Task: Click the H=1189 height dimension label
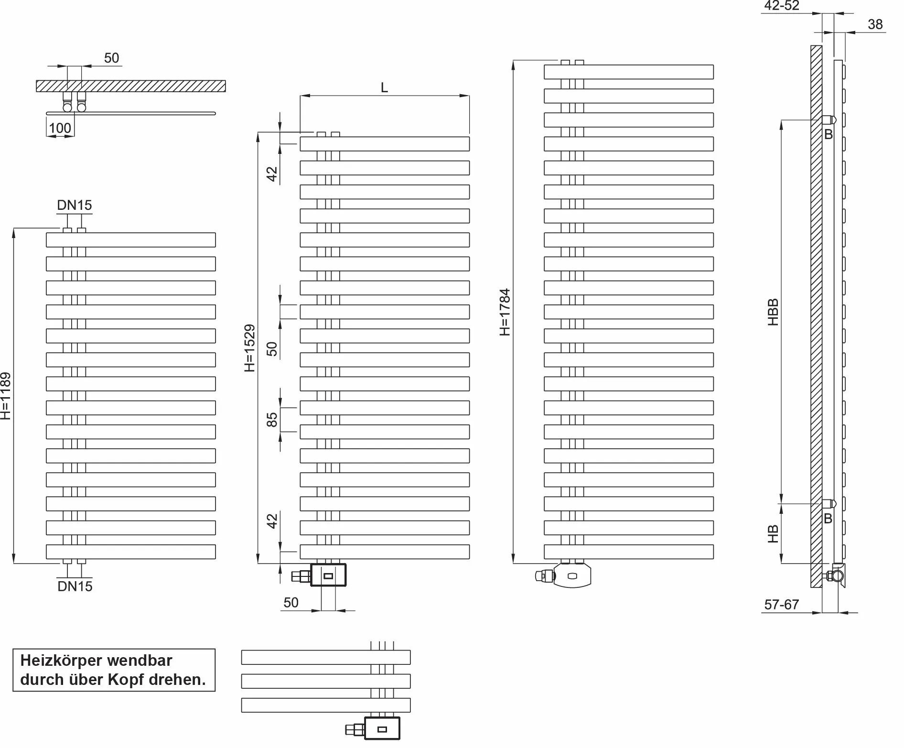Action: [x=6, y=396]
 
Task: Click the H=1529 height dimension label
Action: [x=249, y=348]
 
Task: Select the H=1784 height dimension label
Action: [x=505, y=312]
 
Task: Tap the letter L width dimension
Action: [x=384, y=87]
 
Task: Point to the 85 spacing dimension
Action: [x=271, y=420]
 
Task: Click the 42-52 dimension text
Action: [x=782, y=6]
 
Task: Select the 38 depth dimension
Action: [x=875, y=24]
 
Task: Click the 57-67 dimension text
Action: [x=782, y=605]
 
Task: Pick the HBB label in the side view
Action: [x=773, y=312]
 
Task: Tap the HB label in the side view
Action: [x=773, y=534]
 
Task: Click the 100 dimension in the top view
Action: [x=60, y=128]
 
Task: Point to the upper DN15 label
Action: [x=75, y=205]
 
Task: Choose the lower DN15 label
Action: [x=75, y=586]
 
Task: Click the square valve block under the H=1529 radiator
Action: [x=328, y=575]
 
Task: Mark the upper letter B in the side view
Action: [x=829, y=135]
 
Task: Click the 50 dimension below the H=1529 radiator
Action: [x=291, y=603]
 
